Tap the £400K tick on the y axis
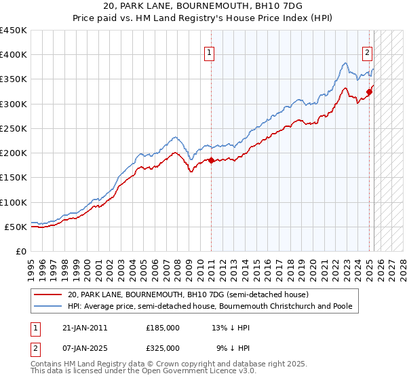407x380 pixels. coord(14,55)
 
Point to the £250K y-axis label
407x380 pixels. coord(14,128)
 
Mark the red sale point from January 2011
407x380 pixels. coord(211,160)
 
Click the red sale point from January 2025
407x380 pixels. coord(369,92)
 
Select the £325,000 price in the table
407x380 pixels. coord(163,347)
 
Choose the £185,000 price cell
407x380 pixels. coord(163,327)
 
